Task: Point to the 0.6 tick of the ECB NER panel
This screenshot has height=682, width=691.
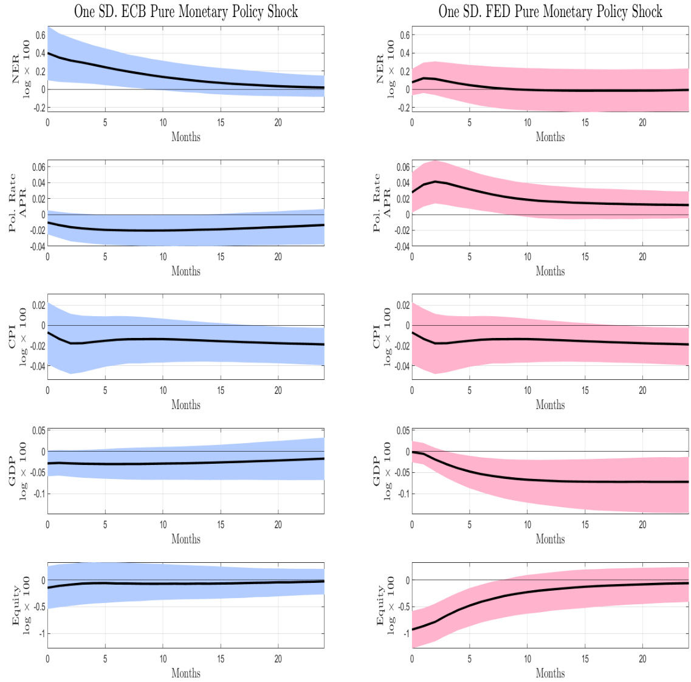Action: click(40, 35)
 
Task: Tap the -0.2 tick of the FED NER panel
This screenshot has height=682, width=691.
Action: click(403, 108)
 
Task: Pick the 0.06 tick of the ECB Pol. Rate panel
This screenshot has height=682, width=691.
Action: click(38, 167)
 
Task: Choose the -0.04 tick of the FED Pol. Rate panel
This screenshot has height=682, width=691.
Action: click(402, 246)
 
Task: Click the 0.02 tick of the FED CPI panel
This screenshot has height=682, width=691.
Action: click(403, 305)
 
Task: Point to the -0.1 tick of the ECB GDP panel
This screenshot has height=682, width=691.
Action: click(40, 494)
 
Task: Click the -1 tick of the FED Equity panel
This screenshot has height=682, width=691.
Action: click(407, 634)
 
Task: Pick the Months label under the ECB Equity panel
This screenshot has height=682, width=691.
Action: click(185, 673)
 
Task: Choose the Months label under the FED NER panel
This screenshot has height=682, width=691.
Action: click(550, 137)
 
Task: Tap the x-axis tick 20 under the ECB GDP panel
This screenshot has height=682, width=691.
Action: click(278, 525)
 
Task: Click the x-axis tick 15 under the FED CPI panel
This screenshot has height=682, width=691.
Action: click(585, 390)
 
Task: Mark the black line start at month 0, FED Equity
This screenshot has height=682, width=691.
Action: click(413, 630)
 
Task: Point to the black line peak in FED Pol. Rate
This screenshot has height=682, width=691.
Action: click(436, 182)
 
